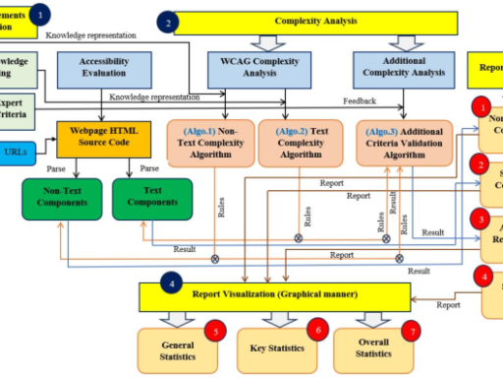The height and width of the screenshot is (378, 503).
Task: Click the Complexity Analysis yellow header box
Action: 314,22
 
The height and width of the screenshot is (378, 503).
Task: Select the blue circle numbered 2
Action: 170,22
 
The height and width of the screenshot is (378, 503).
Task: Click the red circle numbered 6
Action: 316,330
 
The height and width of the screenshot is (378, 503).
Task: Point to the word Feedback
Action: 360,100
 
